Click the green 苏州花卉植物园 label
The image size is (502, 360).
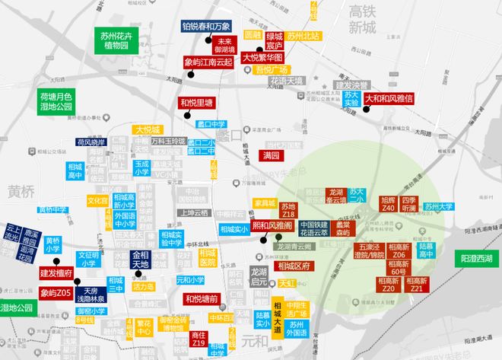[x=120, y=41]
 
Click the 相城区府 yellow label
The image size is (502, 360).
[x=294, y=266]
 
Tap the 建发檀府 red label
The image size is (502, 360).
[x=56, y=272]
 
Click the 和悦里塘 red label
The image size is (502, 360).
[x=195, y=103]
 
